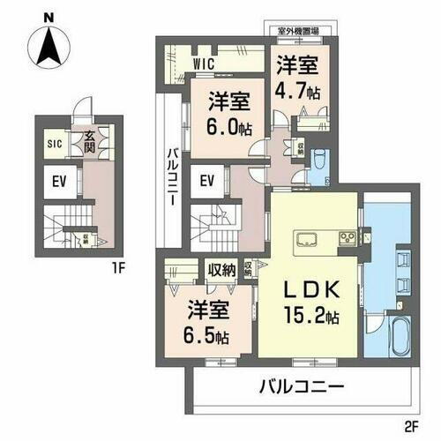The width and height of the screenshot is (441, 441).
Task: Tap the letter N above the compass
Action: (x=48, y=17)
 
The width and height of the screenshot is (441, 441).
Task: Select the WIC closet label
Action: (x=204, y=64)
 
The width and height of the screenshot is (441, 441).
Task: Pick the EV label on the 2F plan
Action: (x=208, y=183)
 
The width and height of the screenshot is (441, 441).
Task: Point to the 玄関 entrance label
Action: (x=89, y=140)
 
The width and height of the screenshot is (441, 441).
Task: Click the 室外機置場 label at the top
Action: (x=298, y=31)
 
